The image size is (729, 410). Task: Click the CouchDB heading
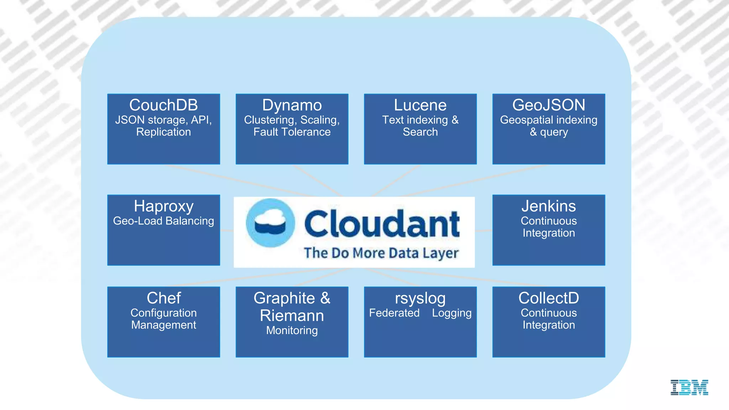click(x=163, y=105)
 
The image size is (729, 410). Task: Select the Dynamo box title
click(x=292, y=105)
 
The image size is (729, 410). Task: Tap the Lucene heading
click(x=420, y=105)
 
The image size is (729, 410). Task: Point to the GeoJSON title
click(x=549, y=105)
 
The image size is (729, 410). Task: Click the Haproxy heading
click(x=163, y=206)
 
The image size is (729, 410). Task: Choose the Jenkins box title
click(x=549, y=206)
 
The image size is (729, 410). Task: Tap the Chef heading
click(x=163, y=298)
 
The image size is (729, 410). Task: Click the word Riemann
click(x=292, y=316)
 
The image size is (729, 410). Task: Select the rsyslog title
click(x=420, y=298)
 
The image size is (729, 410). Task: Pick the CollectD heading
click(x=549, y=298)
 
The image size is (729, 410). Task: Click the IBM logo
click(x=689, y=387)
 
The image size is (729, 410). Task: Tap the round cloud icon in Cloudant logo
click(x=271, y=223)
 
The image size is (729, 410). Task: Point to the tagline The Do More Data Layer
click(x=381, y=253)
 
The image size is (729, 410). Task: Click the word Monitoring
click(x=292, y=330)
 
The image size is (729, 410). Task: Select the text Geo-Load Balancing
click(x=163, y=221)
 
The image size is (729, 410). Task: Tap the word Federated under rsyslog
click(x=394, y=313)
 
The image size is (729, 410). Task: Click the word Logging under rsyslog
click(x=452, y=313)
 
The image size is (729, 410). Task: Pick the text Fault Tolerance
click(x=292, y=132)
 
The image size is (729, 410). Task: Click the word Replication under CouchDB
click(x=163, y=132)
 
